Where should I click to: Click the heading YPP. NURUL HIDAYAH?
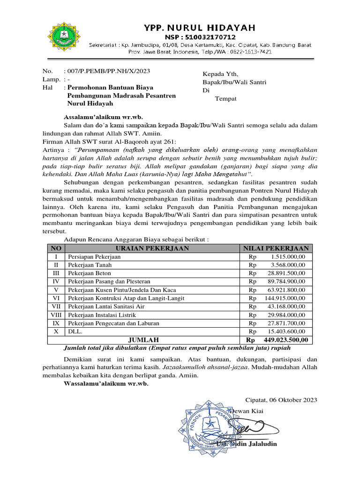click(x=200, y=28)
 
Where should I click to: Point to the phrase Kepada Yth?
click(x=220, y=74)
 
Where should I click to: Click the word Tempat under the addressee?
click(x=225, y=98)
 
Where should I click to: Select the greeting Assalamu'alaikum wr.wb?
click(x=103, y=117)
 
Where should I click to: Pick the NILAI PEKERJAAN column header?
click(x=275, y=248)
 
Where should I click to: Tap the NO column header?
click(x=56, y=248)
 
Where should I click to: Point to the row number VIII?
click(x=56, y=315)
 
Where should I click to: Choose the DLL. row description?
click(x=75, y=331)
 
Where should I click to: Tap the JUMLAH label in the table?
click(x=143, y=340)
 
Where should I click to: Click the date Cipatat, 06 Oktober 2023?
click(x=281, y=400)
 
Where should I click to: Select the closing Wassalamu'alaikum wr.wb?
click(x=105, y=384)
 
